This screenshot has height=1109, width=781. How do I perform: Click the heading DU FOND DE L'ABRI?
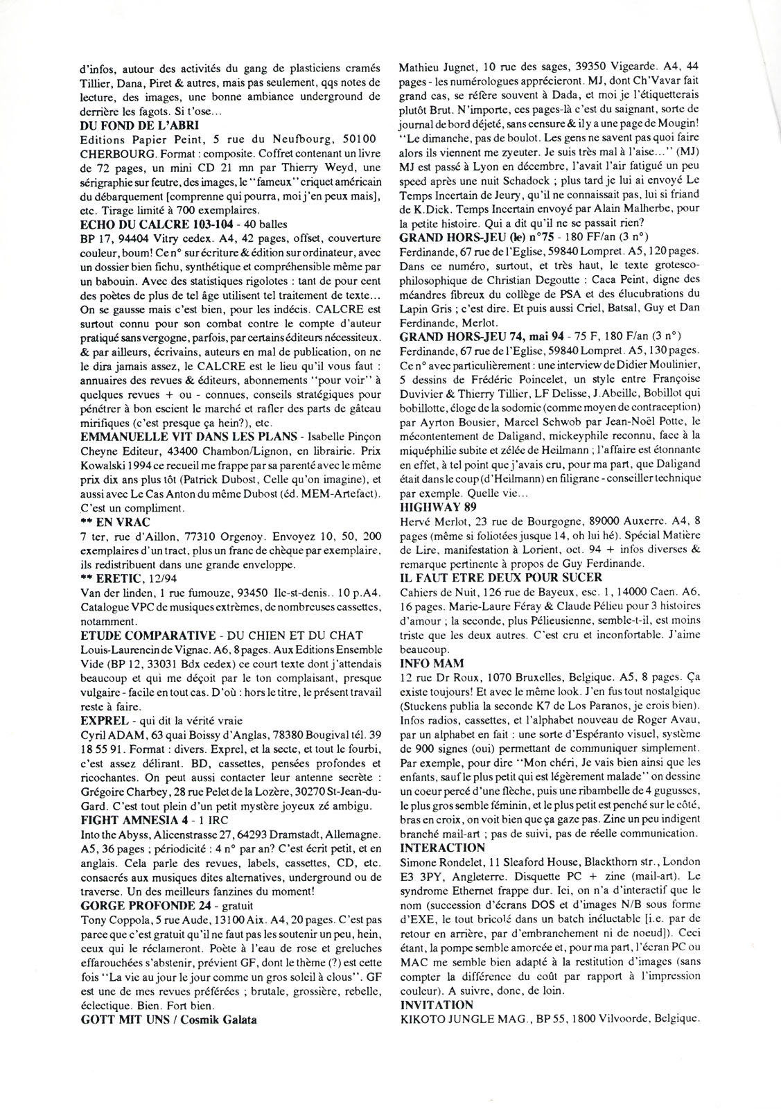click(140, 125)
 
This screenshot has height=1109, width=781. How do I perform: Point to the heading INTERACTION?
click(442, 847)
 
